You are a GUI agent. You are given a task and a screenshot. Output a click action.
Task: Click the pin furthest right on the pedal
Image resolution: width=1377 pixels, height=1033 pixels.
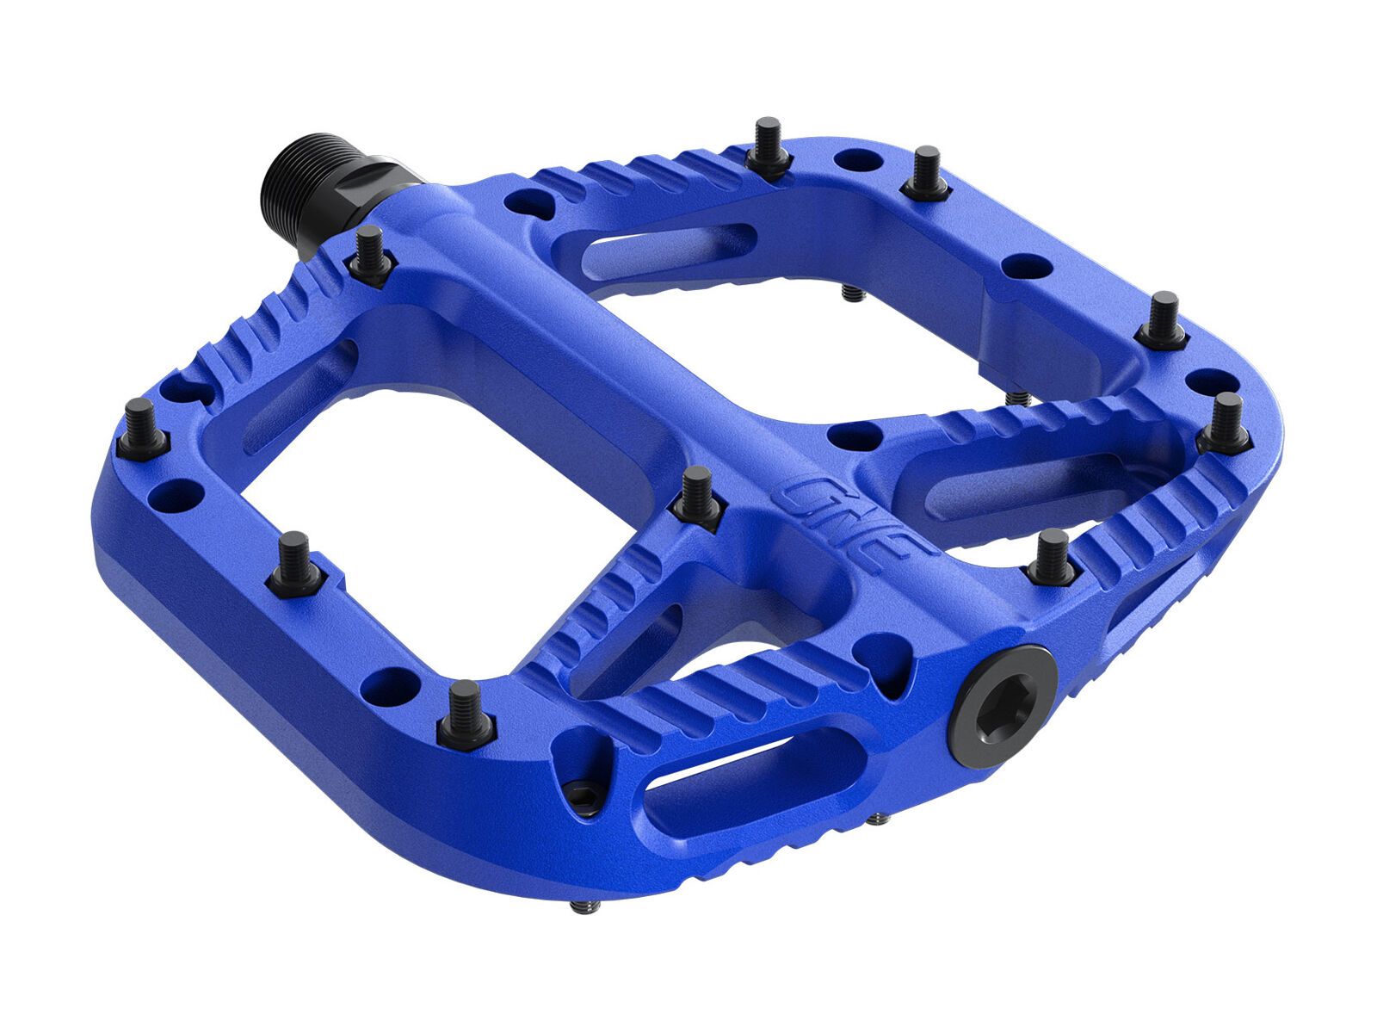tap(1226, 421)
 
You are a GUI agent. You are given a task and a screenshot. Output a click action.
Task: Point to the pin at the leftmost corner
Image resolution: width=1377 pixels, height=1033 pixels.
tap(140, 428)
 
